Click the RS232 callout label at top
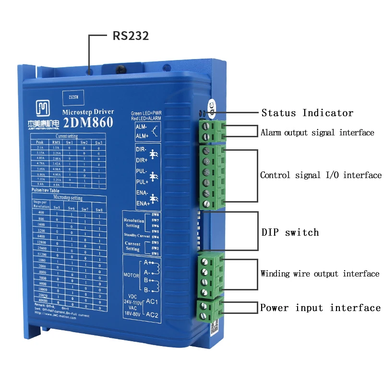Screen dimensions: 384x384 131,36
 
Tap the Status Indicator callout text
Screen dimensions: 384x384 307,113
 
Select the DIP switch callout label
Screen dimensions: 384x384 290,233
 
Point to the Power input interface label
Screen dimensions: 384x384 320,308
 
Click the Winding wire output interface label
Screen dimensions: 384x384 320,274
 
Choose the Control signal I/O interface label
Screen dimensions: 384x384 321,176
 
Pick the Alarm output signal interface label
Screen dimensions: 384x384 317,132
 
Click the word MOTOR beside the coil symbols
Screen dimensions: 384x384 131,276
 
